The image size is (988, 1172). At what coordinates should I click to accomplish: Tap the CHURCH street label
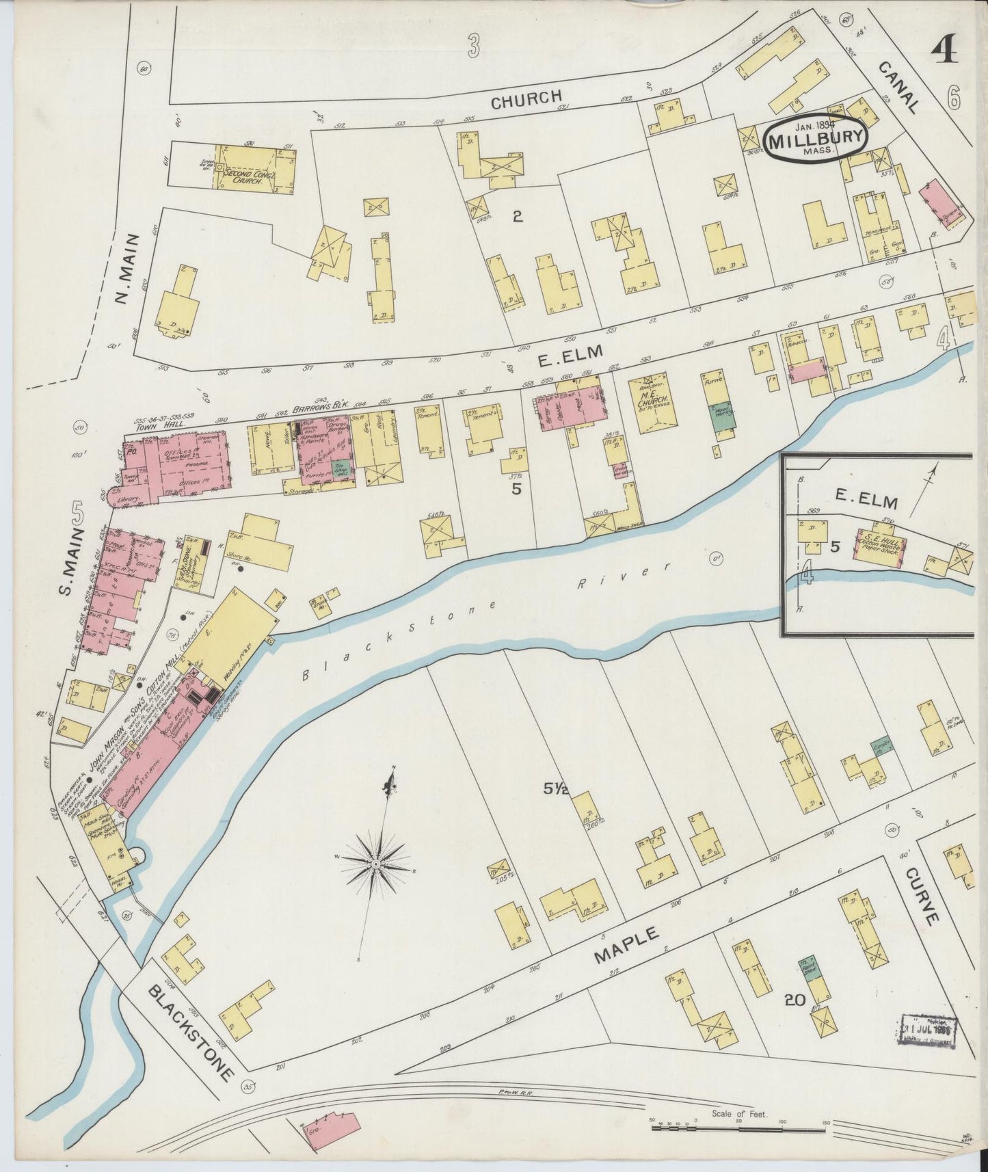coord(526,99)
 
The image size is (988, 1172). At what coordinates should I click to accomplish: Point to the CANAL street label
coord(897,86)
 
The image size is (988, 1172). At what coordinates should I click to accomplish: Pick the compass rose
coord(377,865)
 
